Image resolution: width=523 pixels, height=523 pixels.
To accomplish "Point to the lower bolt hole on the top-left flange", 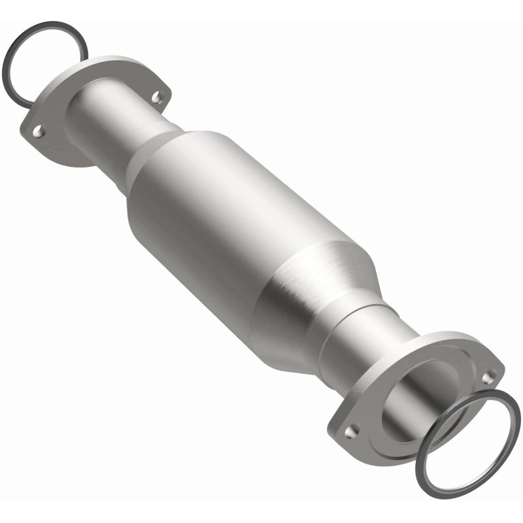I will (39, 133).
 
